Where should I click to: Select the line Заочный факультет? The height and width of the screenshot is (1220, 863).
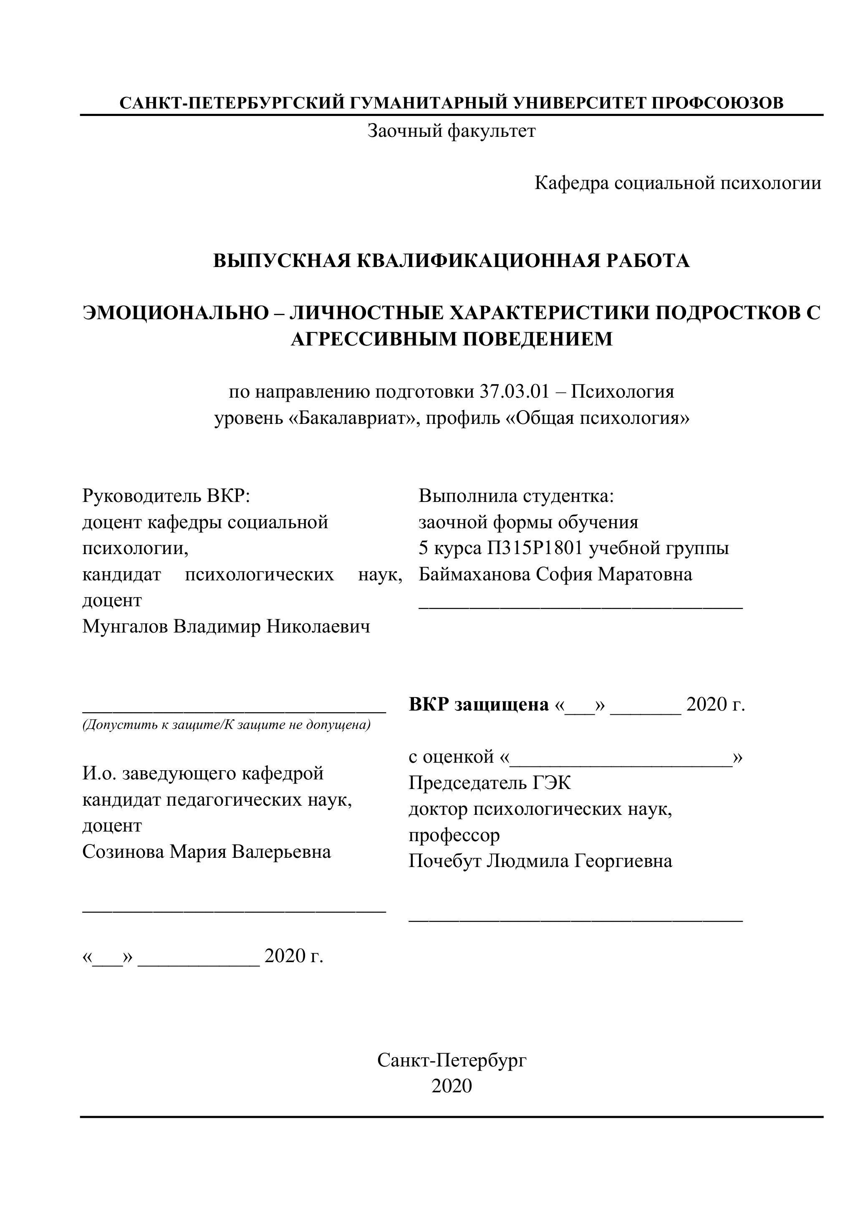[x=451, y=131]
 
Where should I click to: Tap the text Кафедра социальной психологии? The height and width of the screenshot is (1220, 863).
[x=678, y=183]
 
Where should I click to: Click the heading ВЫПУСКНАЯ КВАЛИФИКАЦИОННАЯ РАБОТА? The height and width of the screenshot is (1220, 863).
[x=451, y=261]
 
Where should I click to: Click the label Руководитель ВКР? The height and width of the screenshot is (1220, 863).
[x=166, y=496]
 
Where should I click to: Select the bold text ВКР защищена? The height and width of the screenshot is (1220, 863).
[x=478, y=705]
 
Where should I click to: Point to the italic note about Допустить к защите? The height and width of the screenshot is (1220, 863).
[x=226, y=725]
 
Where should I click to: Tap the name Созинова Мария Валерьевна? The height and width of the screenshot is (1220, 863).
[x=206, y=852]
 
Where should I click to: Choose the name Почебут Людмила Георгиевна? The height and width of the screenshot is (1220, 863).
[x=540, y=861]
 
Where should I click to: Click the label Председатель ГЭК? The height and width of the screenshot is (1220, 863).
[x=490, y=783]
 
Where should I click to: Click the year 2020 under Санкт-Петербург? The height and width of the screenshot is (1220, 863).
[x=452, y=1086]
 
